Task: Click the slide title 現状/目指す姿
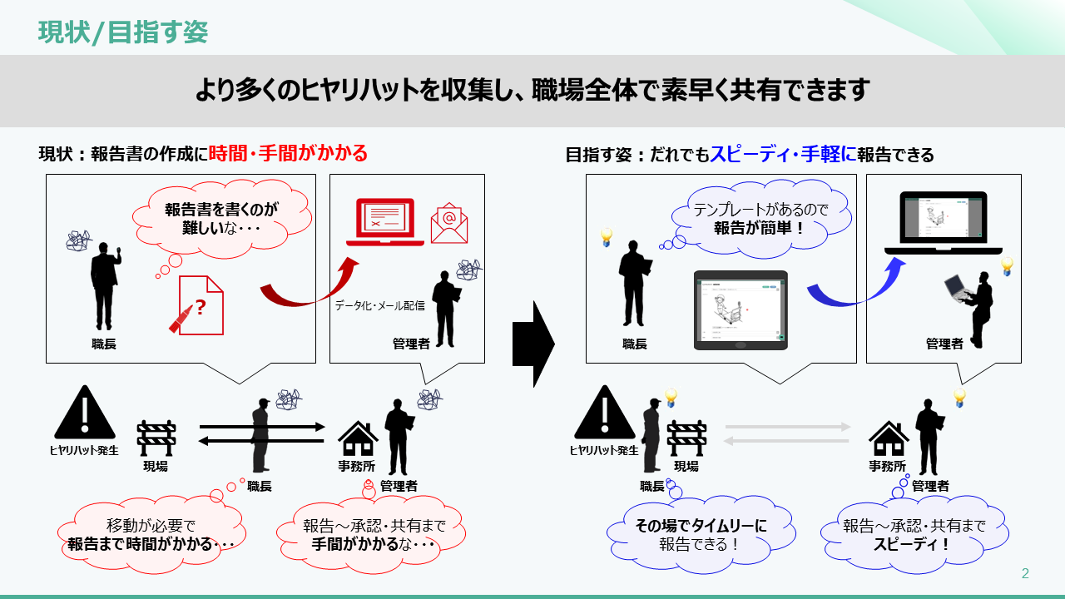tap(123, 32)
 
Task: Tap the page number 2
tap(1025, 573)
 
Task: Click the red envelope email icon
tap(449, 223)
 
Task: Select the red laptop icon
tap(385, 222)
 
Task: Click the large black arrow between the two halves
tap(532, 344)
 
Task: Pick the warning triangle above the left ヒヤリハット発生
tap(83, 413)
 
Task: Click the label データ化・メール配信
tap(379, 305)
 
